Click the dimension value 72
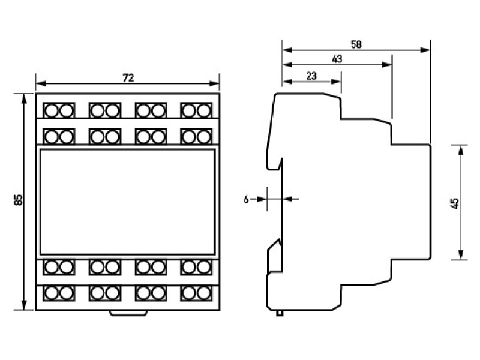click(x=128, y=78)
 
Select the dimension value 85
click(x=19, y=200)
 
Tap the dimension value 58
click(x=356, y=44)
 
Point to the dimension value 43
click(x=337, y=59)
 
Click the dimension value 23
click(x=311, y=76)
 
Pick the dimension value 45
click(x=455, y=203)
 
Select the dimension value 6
click(x=246, y=200)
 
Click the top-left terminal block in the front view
click(x=59, y=110)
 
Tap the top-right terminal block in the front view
click(x=196, y=110)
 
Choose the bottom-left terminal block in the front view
click(x=59, y=293)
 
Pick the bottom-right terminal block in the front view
click(x=196, y=293)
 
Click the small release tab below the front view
click(x=128, y=313)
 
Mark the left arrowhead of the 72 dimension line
click(x=41, y=83)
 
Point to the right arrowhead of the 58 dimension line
click(x=425, y=50)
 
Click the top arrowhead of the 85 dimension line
click(x=24, y=98)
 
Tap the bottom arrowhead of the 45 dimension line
click(x=461, y=255)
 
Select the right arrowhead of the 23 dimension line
click(x=336, y=82)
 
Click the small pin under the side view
click(x=280, y=313)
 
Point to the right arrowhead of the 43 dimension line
click(x=387, y=65)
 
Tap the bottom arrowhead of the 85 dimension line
click(x=24, y=305)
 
